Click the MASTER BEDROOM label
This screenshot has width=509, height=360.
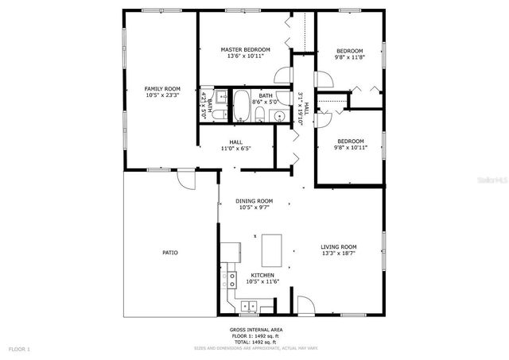(x=245, y=49)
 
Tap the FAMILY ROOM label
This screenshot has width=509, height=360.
(x=161, y=88)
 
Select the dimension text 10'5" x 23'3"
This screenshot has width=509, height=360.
(x=161, y=95)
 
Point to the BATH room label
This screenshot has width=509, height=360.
(x=265, y=95)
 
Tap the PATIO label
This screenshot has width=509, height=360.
(x=170, y=252)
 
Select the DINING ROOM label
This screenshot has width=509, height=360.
(x=254, y=201)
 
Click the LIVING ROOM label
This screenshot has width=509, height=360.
(x=339, y=246)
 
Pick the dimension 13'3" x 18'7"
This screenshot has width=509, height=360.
(x=339, y=254)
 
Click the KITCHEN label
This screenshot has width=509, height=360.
(x=262, y=275)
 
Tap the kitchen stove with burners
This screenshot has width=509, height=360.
(x=232, y=280)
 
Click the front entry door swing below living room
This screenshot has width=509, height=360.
(x=305, y=304)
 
